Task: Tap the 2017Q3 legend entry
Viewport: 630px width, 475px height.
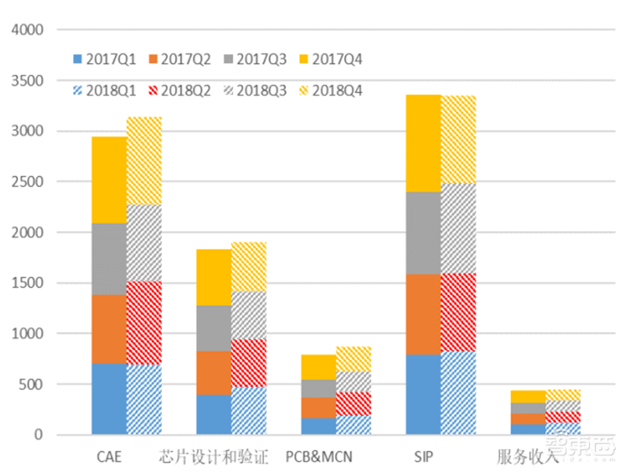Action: (255, 59)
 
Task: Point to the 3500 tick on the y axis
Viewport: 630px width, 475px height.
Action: (28, 81)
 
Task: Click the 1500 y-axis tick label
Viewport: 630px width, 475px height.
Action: (28, 283)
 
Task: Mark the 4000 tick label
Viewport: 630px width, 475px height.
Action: (28, 30)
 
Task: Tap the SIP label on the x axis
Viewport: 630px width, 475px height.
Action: (423, 457)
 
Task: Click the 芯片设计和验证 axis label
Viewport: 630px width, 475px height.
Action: (213, 457)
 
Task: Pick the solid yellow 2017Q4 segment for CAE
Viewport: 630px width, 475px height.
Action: (109, 180)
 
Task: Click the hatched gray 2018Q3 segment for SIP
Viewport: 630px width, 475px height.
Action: (458, 228)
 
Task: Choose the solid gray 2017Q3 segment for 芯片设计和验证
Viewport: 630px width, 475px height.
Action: (213, 328)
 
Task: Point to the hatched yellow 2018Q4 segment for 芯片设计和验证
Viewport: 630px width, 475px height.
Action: (248, 267)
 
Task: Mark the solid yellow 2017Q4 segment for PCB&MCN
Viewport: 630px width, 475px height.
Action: (318, 367)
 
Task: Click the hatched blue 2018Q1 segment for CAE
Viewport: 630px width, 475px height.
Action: (144, 399)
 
